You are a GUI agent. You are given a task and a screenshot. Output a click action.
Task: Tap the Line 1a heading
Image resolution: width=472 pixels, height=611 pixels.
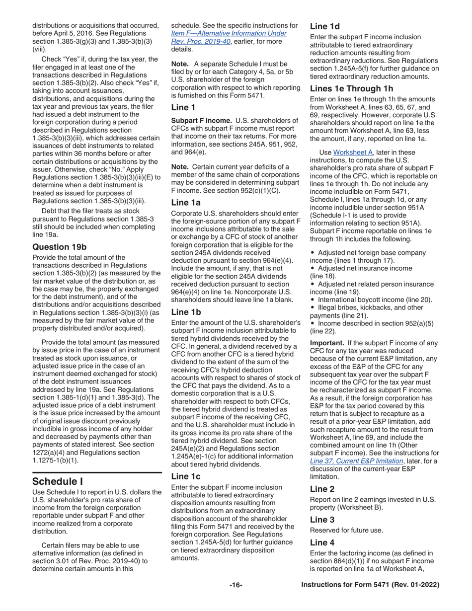pyautogui.click(x=187, y=216)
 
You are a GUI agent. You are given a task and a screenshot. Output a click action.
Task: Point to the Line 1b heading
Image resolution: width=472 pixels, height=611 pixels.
pyautogui.click(x=187, y=312)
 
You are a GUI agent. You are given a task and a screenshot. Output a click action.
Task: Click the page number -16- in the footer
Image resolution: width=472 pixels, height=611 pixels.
pyautogui.click(x=236, y=585)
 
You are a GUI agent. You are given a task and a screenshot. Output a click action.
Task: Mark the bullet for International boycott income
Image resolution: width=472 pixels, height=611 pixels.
pyautogui.click(x=312, y=300)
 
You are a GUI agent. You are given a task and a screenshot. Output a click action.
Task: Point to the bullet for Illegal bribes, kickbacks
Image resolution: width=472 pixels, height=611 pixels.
pyautogui.click(x=312, y=307)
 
